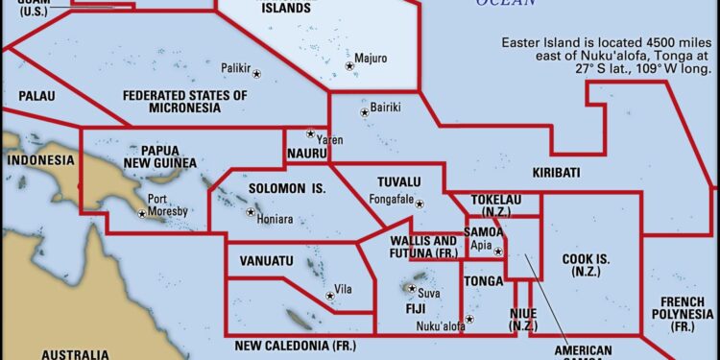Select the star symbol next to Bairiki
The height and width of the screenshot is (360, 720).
[364, 113]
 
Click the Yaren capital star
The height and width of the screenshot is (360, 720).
[310, 133]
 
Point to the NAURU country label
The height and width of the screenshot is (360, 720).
[307, 154]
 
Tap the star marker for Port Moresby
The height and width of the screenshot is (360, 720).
[142, 213]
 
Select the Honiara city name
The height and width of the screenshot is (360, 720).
[276, 219]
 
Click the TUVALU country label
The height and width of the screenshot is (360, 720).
[399, 182]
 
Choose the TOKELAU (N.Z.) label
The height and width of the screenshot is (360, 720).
[495, 205]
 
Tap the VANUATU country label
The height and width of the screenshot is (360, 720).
[266, 261]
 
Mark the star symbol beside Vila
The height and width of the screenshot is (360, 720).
[329, 296]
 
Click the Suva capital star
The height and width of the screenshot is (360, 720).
[412, 288]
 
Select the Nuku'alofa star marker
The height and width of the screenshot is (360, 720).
[468, 319]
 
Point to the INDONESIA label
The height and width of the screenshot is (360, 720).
[40, 159]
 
